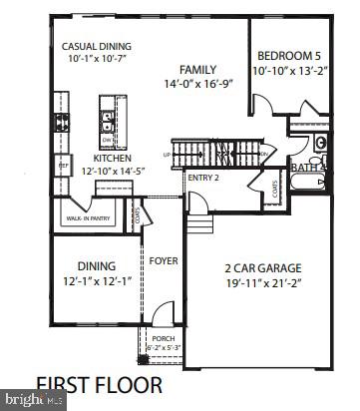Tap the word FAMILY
tap(197, 70)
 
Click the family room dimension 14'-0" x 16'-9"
tap(197, 85)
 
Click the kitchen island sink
tap(106, 122)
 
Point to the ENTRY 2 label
tap(201, 178)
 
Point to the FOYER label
tap(164, 262)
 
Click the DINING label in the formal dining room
tap(97, 266)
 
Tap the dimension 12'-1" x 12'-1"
tap(97, 281)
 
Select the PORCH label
tap(162, 338)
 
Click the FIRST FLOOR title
tap(97, 383)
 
